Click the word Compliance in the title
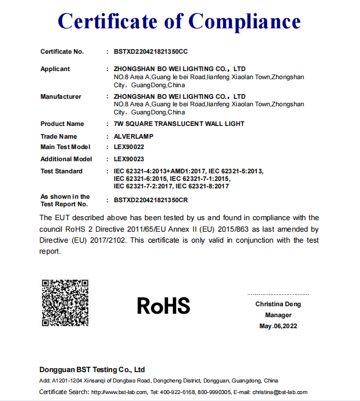point(244,22)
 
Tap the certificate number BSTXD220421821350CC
point(151,51)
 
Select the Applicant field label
point(55,69)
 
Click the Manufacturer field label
point(61,96)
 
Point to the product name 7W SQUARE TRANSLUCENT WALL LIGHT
point(179,124)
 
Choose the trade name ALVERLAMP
point(134,136)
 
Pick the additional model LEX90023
point(129,159)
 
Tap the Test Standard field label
point(61,171)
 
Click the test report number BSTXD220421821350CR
point(151,200)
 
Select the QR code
point(65,303)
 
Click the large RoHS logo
point(164,306)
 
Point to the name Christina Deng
point(278,304)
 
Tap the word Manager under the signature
point(278,315)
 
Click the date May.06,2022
point(278,326)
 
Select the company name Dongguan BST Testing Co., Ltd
point(92,369)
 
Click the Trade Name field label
point(58,136)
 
